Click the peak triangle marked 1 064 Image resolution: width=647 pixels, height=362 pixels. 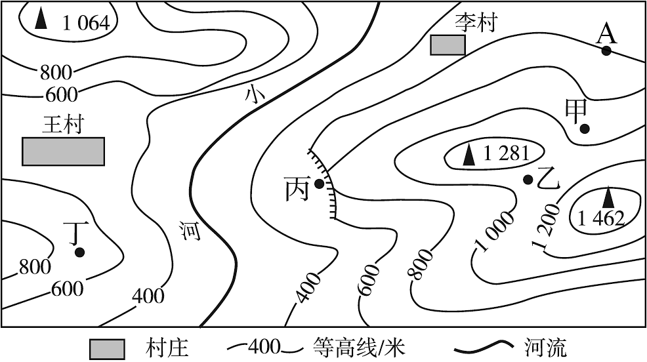41,19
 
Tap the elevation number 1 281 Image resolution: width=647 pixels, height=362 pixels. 506,154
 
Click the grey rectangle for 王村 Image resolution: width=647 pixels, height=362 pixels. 63,151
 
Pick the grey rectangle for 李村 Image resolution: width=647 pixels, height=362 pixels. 448,45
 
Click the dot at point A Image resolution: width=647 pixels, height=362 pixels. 606,51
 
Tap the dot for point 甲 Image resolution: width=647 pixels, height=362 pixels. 584,129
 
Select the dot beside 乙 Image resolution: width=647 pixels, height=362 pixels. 528,180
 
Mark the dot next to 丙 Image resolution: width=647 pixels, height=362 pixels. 319,184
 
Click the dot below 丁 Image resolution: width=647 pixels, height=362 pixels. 79,252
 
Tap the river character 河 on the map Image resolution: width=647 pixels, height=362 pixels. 190,231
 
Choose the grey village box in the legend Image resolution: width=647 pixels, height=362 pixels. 107,349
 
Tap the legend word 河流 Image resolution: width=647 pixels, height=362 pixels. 546,348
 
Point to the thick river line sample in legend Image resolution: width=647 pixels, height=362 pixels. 484,348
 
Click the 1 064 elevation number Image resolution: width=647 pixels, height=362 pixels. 86,23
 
